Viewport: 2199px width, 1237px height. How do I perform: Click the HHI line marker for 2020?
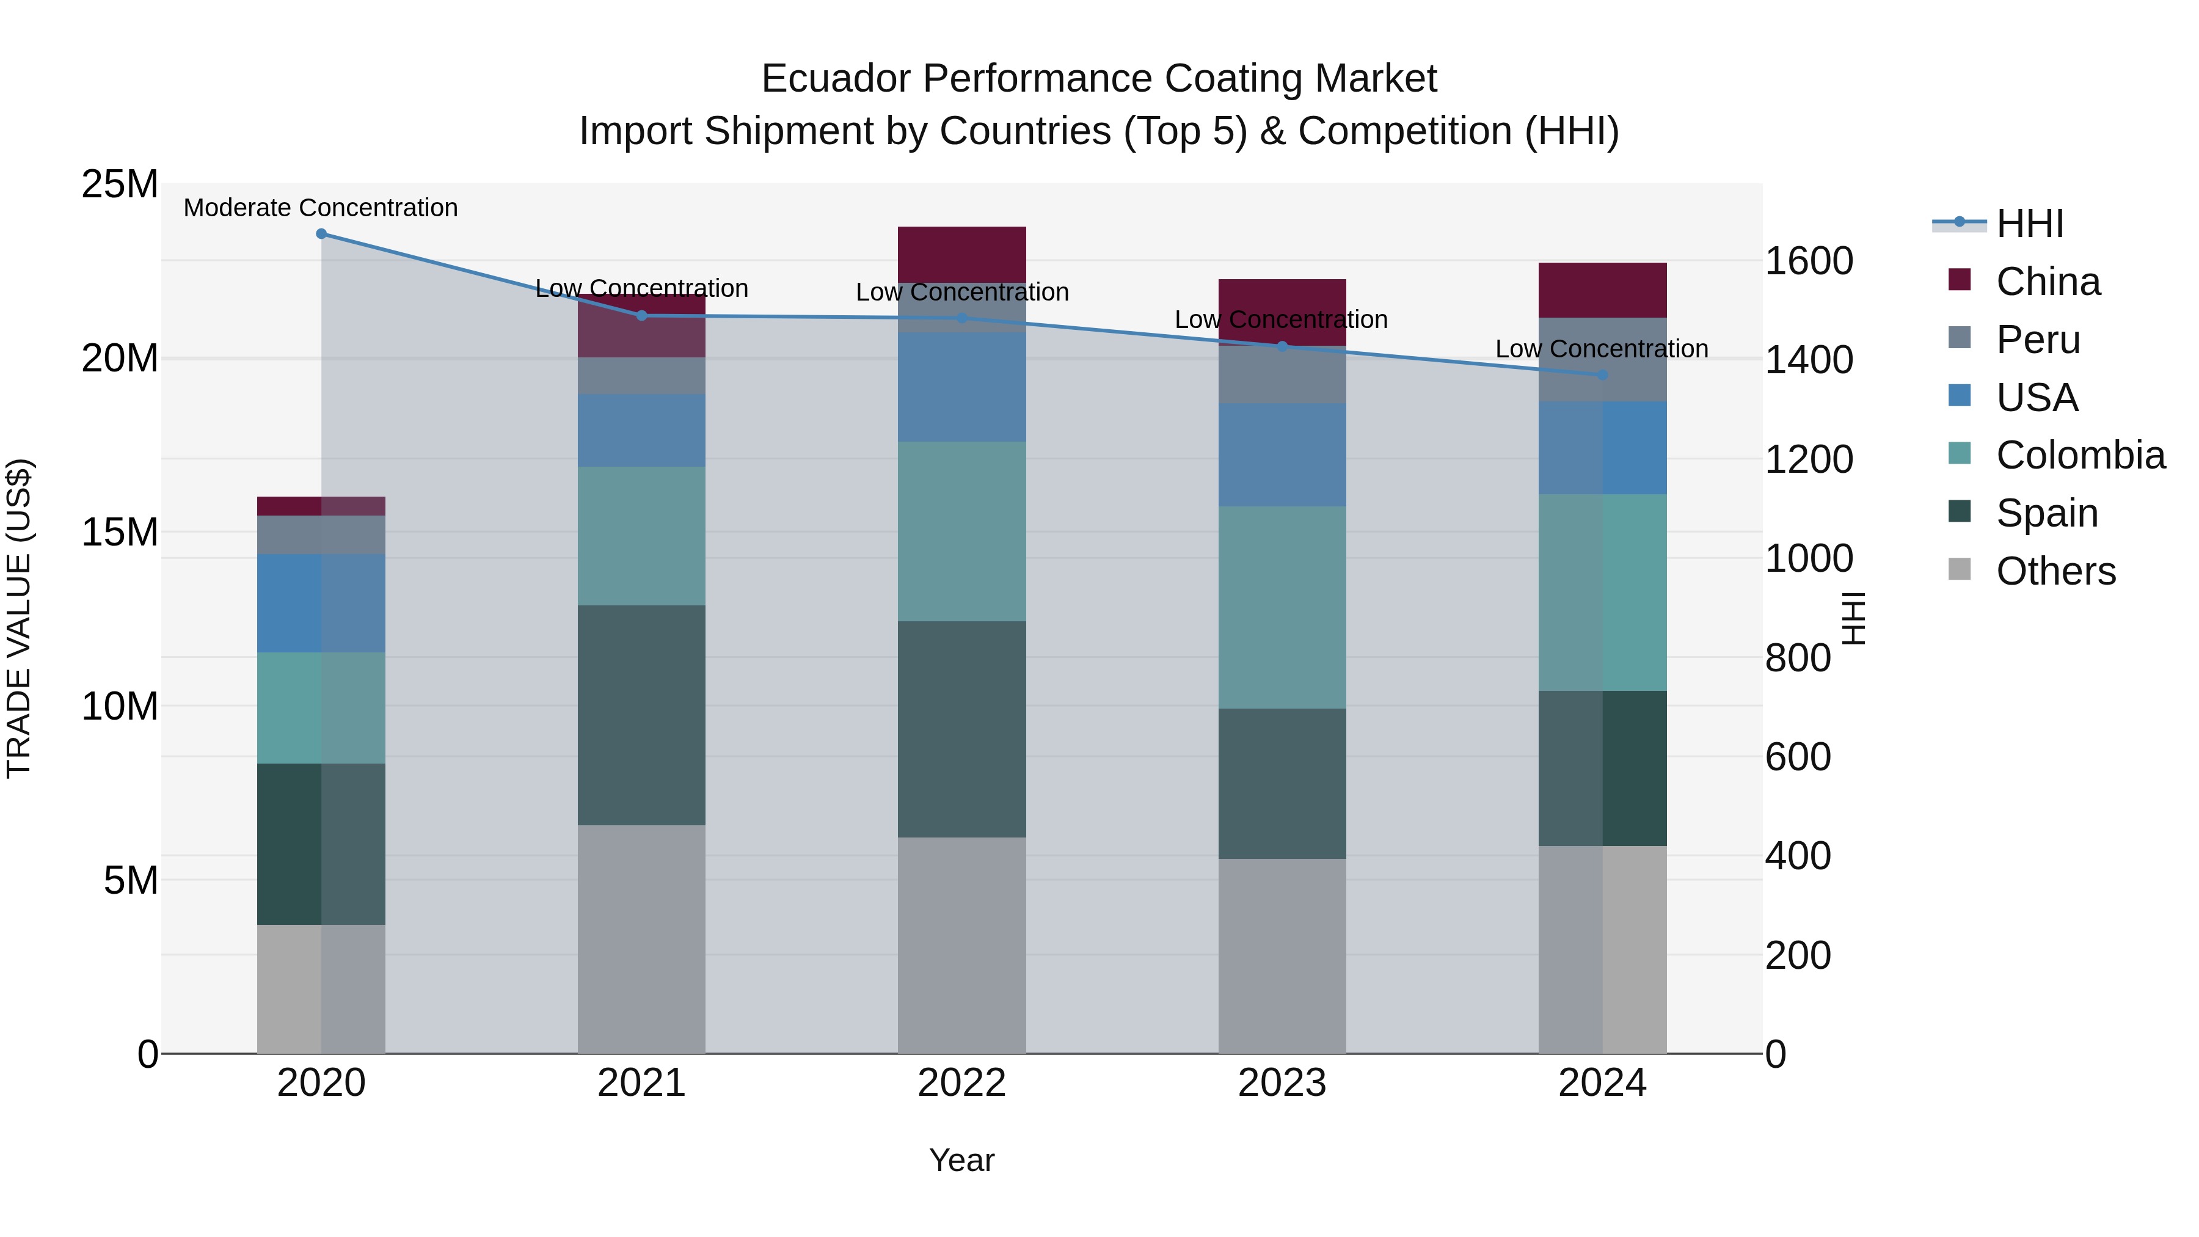[321, 234]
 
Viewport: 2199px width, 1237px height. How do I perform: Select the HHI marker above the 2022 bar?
[962, 318]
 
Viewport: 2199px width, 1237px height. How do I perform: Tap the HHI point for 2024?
[1602, 375]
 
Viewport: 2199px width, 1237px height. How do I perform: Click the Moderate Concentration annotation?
[321, 208]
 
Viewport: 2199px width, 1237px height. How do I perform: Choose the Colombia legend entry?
[2079, 455]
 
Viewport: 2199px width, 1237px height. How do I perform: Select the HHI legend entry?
[2030, 224]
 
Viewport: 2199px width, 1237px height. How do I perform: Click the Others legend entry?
[2055, 571]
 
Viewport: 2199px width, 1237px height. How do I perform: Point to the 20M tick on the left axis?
[120, 359]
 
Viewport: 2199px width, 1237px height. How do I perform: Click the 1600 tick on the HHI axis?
[1809, 261]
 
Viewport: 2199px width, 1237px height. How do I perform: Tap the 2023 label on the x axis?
[1282, 1083]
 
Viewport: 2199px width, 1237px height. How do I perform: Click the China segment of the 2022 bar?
[962, 254]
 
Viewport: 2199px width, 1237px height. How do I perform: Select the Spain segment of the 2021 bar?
[641, 715]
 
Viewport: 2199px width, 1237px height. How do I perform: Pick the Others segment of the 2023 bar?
[1282, 955]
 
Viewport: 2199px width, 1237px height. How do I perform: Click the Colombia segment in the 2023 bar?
[1282, 607]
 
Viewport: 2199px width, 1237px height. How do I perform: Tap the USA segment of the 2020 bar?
[321, 603]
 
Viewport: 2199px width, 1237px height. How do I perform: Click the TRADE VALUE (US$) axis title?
[19, 618]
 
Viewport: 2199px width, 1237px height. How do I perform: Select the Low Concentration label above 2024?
[1602, 349]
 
